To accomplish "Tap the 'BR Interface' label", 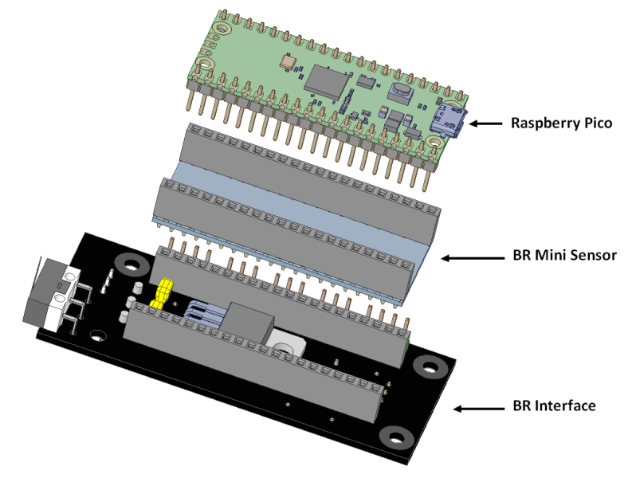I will point(553,406).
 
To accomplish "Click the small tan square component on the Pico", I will point(285,61).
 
